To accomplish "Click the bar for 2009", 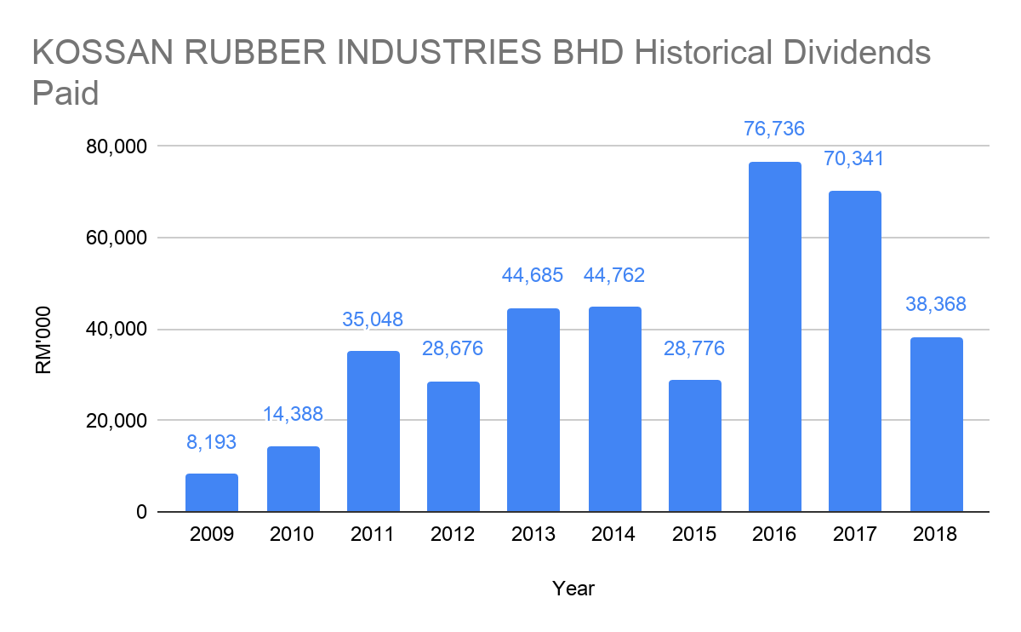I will (x=212, y=492).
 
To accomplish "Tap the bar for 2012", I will (x=453, y=446).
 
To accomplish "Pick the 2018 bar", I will (x=936, y=424).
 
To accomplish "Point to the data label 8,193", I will (x=212, y=442).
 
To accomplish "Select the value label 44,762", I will (x=614, y=275).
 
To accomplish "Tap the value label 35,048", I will (x=373, y=319).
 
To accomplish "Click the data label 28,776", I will (x=695, y=348).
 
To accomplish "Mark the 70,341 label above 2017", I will (x=855, y=158).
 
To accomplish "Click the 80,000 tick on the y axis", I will (x=117, y=147).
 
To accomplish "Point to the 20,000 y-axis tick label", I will (x=117, y=421).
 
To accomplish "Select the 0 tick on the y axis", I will (x=140, y=513).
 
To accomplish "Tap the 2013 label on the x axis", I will (x=533, y=535).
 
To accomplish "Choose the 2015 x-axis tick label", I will (x=695, y=535).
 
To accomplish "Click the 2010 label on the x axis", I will (x=292, y=535).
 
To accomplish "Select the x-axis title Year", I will (x=573, y=589).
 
